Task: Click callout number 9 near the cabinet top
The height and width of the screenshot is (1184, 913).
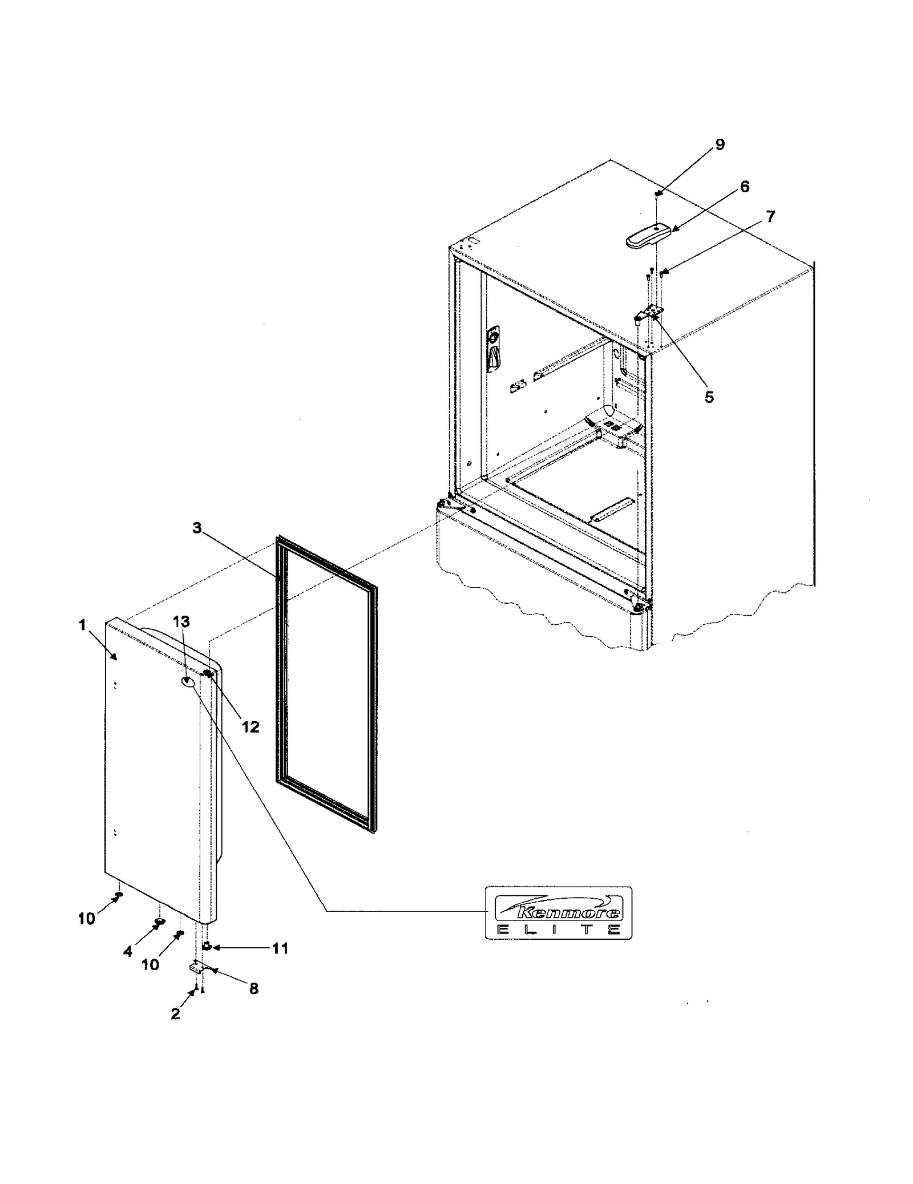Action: tap(720, 145)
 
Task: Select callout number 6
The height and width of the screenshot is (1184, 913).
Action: tap(745, 187)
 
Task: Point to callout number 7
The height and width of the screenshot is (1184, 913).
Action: tap(770, 217)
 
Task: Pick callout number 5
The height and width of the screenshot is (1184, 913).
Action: tap(709, 397)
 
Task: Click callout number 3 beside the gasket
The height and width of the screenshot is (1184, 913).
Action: tap(197, 528)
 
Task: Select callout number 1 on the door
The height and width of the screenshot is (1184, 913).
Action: tap(83, 625)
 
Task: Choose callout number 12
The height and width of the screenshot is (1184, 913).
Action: tap(250, 727)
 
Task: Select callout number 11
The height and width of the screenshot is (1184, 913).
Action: tap(280, 948)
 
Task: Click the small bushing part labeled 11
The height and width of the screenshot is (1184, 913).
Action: tap(207, 947)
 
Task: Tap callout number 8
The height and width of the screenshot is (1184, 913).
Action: tap(254, 989)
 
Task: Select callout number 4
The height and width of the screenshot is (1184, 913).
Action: tap(128, 951)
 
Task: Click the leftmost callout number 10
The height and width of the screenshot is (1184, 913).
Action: tap(87, 919)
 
